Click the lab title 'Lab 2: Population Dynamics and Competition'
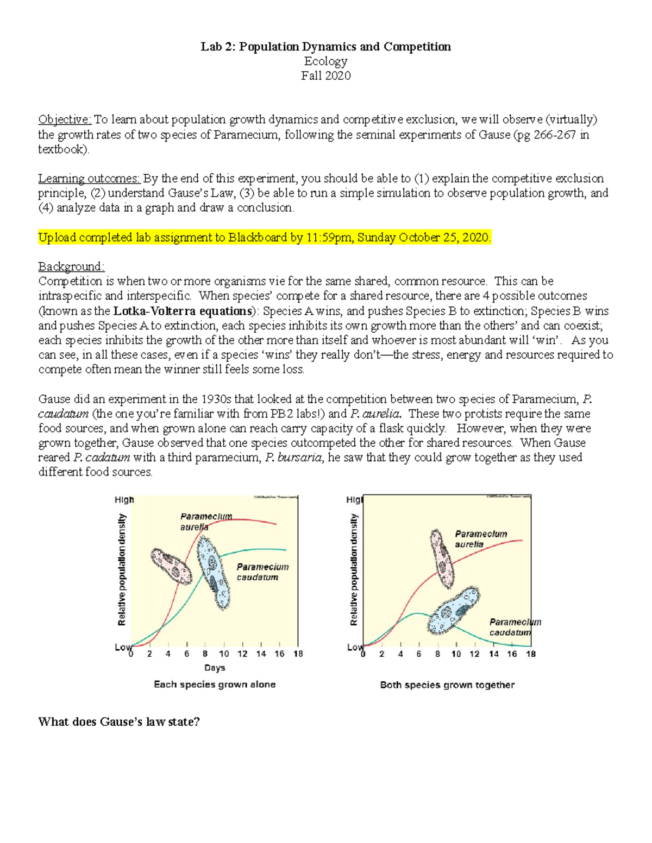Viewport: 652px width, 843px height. click(x=325, y=47)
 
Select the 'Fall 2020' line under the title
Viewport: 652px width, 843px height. click(x=325, y=75)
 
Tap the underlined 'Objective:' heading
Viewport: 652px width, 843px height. click(x=65, y=119)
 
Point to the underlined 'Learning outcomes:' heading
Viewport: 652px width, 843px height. click(x=89, y=178)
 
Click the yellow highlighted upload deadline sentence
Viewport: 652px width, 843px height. click(x=265, y=237)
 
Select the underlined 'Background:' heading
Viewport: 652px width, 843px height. click(x=71, y=267)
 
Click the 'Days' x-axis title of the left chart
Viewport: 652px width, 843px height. click(x=215, y=668)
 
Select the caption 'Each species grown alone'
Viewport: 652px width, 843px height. click(x=215, y=684)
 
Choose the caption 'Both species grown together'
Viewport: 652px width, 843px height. click(x=447, y=685)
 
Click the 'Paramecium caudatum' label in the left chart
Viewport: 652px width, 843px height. click(x=262, y=572)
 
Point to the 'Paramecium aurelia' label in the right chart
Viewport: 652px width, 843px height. click(x=480, y=539)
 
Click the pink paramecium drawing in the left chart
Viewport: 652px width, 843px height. click(x=171, y=566)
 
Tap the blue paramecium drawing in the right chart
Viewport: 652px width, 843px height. click(x=454, y=611)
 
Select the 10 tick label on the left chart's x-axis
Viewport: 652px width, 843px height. click(x=224, y=654)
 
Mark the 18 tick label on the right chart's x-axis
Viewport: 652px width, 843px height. click(x=531, y=654)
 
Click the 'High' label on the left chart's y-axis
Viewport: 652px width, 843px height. click(x=124, y=499)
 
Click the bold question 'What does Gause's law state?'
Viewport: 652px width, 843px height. click(x=119, y=721)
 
